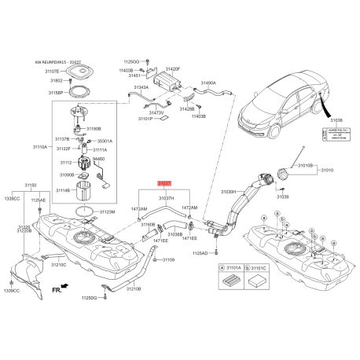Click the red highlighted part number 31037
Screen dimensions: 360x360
click(164, 182)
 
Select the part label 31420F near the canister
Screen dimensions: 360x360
click(171, 70)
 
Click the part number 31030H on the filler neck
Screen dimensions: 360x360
click(228, 191)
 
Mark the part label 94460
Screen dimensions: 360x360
click(98, 158)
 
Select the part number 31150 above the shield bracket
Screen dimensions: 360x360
click(30, 186)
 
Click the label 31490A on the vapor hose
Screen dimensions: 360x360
click(208, 82)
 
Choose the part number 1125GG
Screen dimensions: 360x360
click(130, 61)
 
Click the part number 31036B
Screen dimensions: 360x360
click(174, 234)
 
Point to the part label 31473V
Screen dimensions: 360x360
click(156, 113)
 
